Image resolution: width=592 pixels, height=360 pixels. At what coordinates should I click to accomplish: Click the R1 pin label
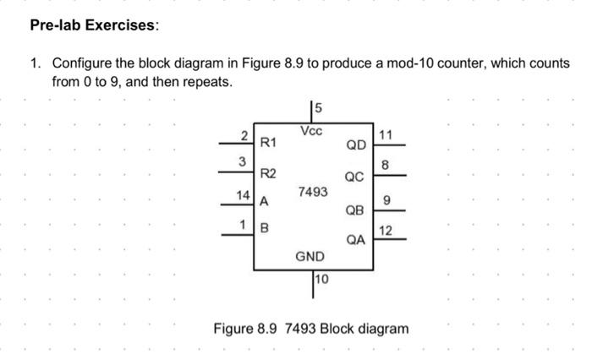coord(268,143)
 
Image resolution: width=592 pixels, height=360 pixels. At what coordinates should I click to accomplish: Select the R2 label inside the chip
coord(268,173)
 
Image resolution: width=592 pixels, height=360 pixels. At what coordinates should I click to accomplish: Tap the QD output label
coord(356,145)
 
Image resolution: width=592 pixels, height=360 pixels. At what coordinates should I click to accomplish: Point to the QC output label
coord(354,177)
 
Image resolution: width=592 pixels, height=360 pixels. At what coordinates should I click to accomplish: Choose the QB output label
coord(354,210)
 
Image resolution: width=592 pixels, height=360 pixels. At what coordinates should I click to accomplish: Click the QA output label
coord(356,240)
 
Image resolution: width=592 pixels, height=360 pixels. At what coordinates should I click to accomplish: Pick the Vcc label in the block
coord(311,131)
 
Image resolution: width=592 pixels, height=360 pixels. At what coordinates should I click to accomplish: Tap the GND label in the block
coord(310,257)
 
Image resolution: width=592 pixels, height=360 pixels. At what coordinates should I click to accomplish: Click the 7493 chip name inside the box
coord(313,192)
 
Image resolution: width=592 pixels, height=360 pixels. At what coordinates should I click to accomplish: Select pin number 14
coord(244,195)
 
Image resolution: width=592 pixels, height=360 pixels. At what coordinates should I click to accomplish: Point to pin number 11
coord(386,134)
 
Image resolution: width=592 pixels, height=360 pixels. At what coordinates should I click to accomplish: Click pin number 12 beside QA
coord(386,231)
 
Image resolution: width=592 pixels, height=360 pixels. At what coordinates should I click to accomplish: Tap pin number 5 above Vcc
coord(318,108)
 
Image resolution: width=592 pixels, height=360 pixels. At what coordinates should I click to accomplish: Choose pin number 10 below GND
coord(321,279)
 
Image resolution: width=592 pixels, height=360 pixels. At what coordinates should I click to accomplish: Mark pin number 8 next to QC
coord(385,165)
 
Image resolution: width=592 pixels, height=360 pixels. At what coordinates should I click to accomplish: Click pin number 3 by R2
coord(242,161)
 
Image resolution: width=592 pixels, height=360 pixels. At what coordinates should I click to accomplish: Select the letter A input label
coord(264,201)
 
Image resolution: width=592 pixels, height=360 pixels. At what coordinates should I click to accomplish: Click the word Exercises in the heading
coord(120,25)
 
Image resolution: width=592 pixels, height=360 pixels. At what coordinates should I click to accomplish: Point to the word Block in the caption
coord(337,329)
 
